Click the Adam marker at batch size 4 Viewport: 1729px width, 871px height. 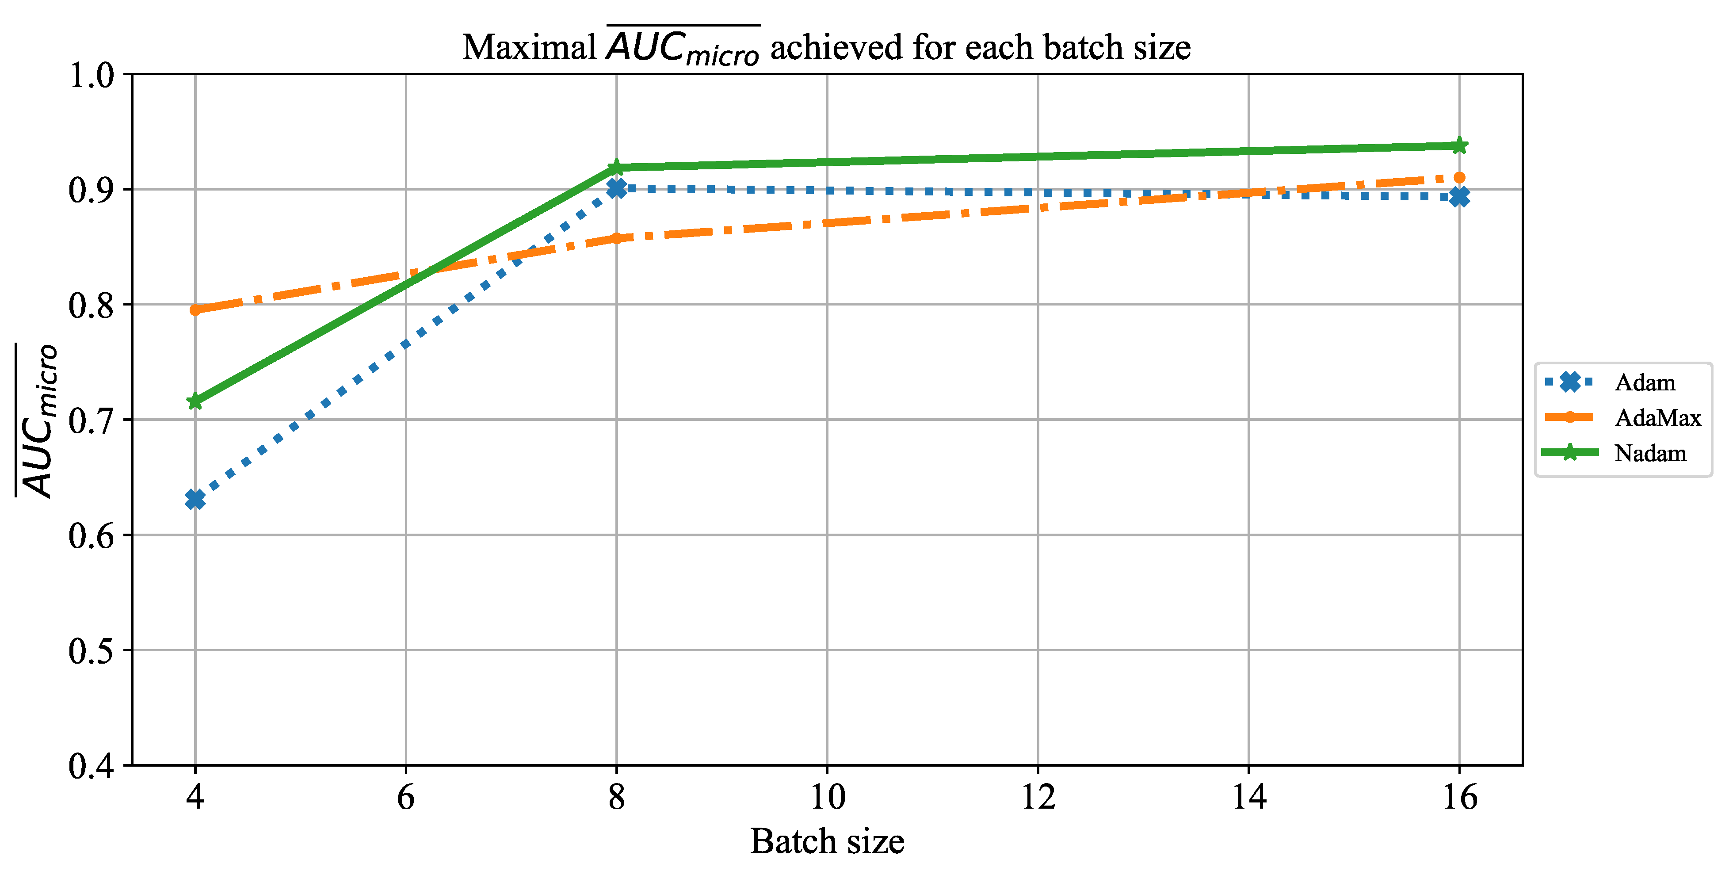pos(195,499)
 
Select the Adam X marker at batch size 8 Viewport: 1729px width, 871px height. pos(616,188)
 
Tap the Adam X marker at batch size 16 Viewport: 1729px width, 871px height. pos(1458,197)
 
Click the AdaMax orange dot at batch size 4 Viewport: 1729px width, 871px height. pos(195,310)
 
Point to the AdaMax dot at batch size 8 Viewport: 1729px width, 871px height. pos(616,238)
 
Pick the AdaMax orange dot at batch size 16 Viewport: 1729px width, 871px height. pos(1458,178)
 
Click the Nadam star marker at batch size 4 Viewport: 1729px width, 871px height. pos(195,401)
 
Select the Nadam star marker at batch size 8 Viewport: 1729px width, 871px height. pos(616,167)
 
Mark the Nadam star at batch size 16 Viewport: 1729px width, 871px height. pos(1458,145)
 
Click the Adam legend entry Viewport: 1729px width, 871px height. pos(1645,382)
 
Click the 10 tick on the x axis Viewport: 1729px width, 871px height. pos(827,797)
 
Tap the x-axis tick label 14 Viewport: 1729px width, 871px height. pos(1248,797)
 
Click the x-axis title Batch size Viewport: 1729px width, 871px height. pos(827,841)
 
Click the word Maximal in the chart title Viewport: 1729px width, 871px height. pos(529,48)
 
